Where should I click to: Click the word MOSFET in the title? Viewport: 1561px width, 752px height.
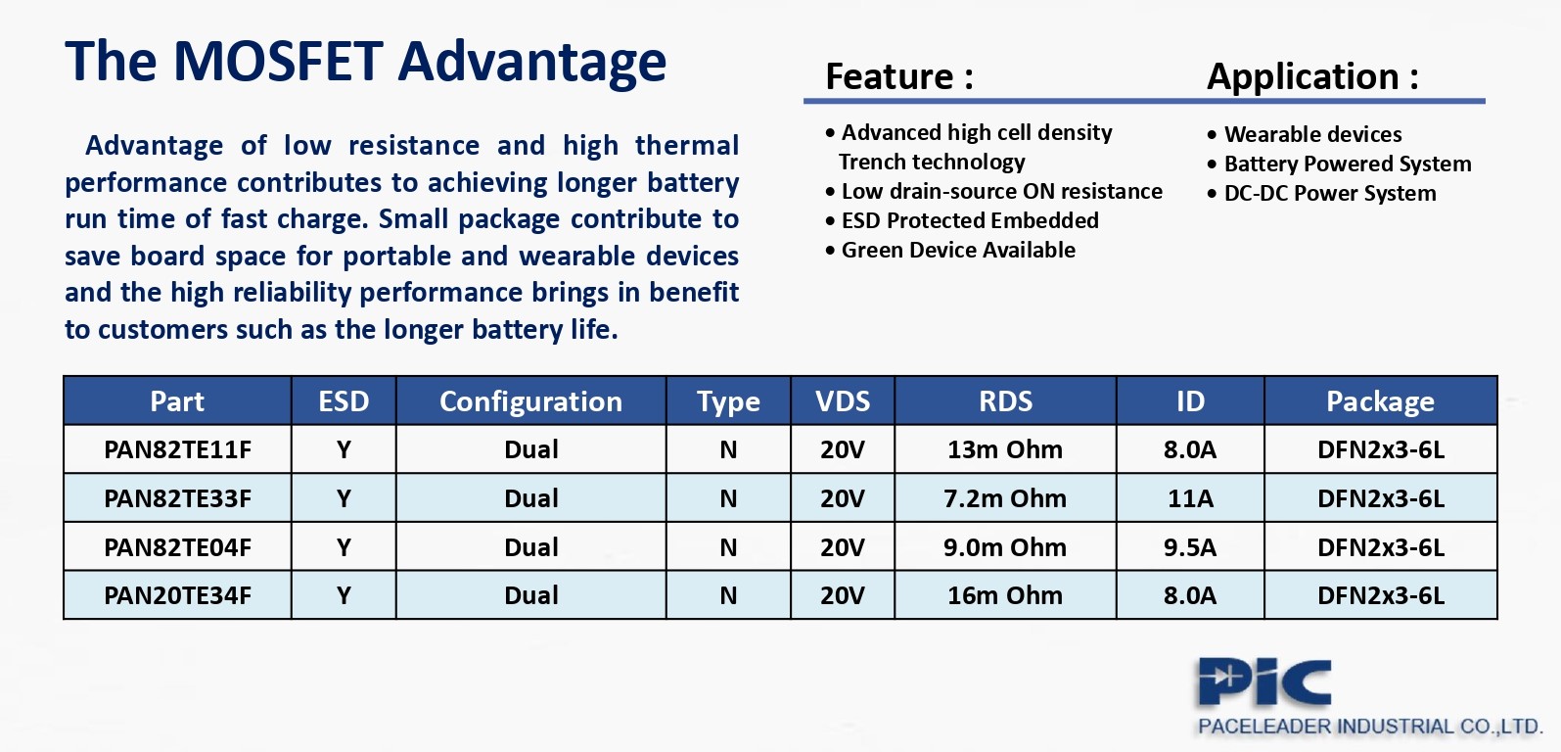(278, 62)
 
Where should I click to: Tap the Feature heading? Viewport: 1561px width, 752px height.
(899, 76)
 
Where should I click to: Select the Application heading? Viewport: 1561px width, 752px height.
(1312, 76)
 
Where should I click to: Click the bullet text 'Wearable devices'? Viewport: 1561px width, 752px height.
(1313, 134)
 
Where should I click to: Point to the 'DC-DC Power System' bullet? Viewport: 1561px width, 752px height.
(1330, 193)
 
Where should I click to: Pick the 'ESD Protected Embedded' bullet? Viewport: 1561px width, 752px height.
(969, 220)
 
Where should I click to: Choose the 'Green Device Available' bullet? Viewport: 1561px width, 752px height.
(958, 250)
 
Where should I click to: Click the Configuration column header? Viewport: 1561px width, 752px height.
(530, 401)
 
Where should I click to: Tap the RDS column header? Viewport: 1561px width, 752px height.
(1005, 401)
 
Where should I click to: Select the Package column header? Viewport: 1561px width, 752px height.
(1380, 401)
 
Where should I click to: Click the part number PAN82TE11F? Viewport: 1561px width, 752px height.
(177, 449)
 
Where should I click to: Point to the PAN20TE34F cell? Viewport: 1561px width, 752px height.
(177, 595)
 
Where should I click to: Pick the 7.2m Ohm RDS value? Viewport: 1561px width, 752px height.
(1005, 498)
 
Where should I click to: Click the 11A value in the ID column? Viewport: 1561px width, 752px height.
(1190, 498)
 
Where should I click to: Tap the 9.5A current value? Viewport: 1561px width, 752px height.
(1190, 547)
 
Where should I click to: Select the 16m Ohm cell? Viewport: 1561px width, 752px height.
(1005, 595)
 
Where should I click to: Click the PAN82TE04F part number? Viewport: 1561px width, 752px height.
(177, 547)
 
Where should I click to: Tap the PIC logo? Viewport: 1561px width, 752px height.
(1264, 682)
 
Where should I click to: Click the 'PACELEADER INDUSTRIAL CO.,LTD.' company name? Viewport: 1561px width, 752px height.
(1370, 727)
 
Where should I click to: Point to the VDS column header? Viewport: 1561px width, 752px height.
(843, 401)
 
